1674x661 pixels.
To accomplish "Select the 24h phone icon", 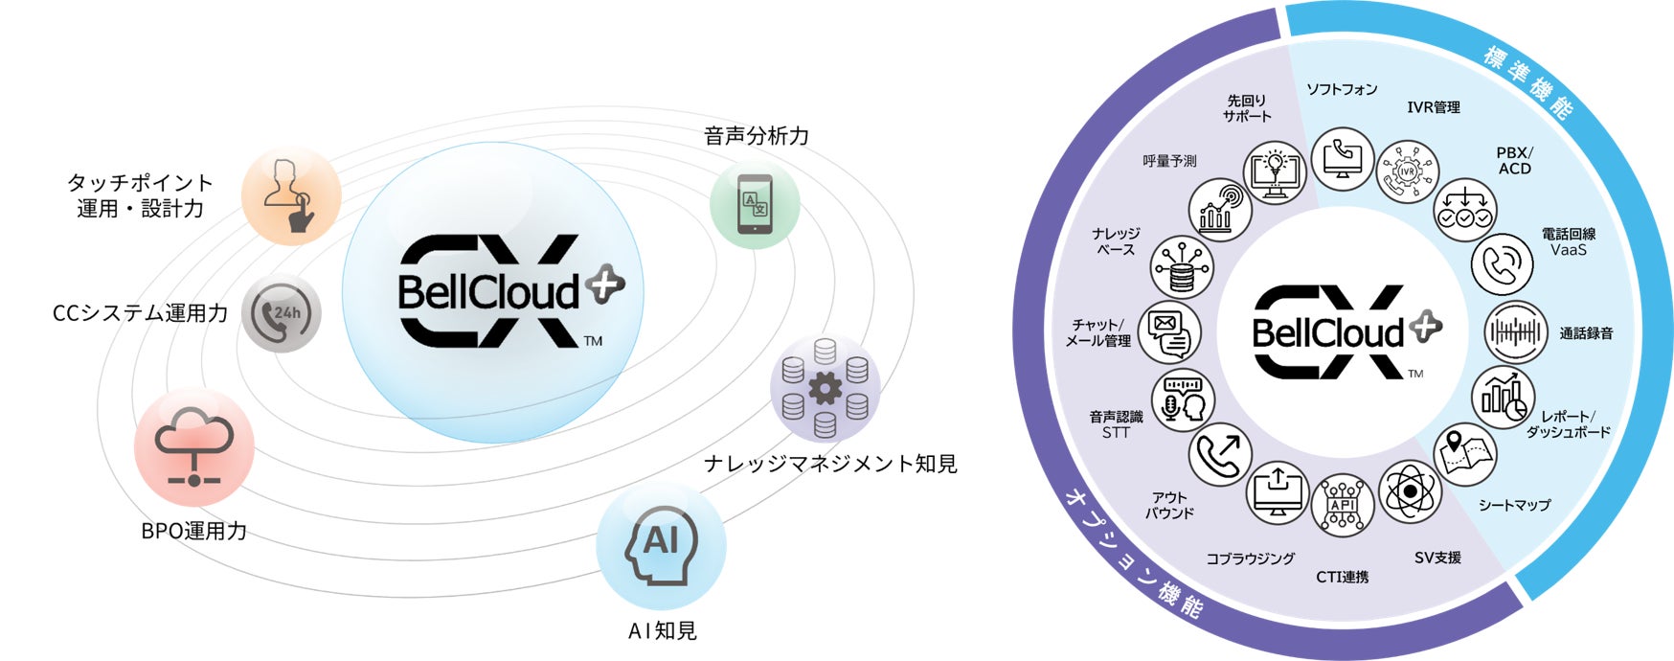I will pos(281,313).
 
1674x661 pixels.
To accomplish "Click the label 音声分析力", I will pos(757,136).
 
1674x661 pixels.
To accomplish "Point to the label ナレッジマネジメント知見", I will pos(830,464).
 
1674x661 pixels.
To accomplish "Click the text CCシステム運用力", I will pos(140,313).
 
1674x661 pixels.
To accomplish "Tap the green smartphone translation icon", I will pos(755,205).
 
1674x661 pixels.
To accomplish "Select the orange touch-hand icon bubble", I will pos(291,196).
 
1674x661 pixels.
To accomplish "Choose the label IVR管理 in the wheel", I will pos(1433,107).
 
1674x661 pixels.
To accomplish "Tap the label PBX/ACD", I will pos(1514,161).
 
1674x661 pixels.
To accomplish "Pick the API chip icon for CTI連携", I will pos(1342,506).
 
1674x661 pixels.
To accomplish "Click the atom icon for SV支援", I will pos(1410,492).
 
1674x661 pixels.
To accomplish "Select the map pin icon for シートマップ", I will pos(1464,454).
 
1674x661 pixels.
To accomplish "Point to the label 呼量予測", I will pos(1169,161).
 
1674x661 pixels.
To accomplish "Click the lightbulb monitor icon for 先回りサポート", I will pos(1275,172).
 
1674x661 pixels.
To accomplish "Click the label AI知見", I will pos(662,631).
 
